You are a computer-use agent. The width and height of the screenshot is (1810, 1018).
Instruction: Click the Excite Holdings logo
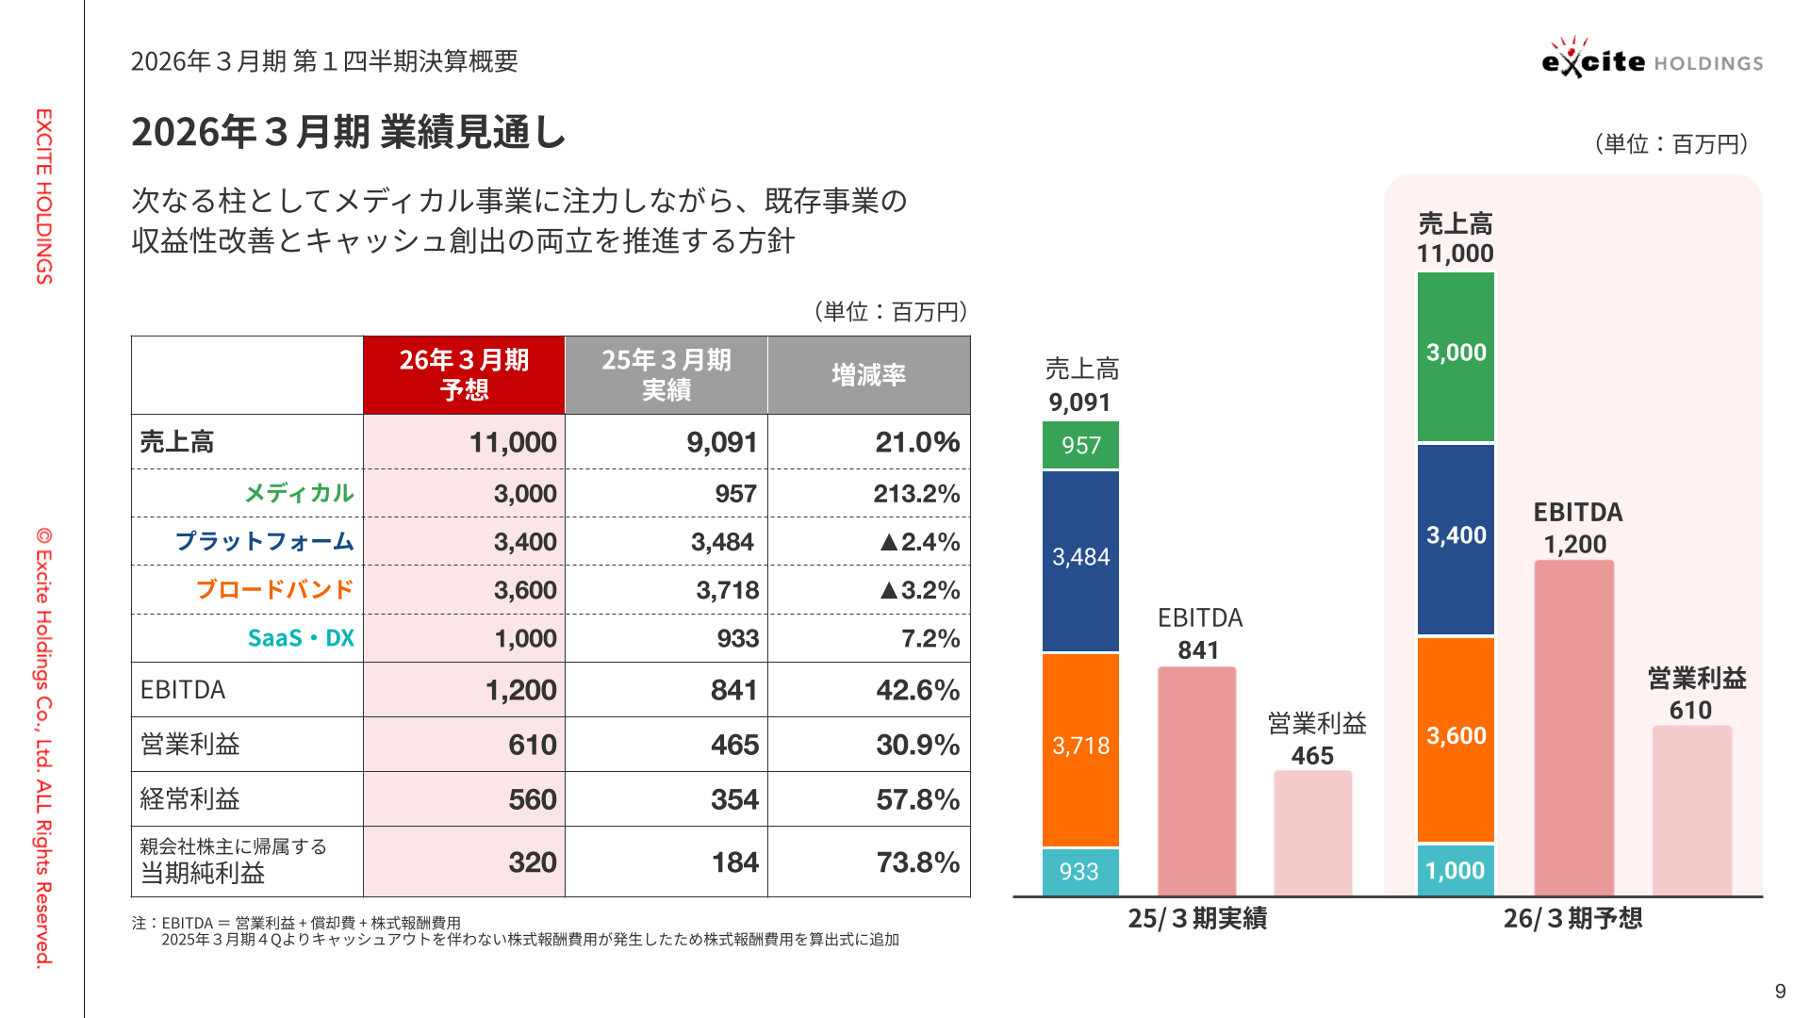coord(1652,59)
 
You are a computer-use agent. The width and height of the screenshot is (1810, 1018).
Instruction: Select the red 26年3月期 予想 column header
coord(464,374)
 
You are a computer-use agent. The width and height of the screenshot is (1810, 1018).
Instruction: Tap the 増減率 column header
coord(868,374)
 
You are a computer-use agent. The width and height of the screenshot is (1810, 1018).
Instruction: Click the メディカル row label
coord(299,493)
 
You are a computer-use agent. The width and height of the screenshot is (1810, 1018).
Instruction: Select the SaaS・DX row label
coord(301,638)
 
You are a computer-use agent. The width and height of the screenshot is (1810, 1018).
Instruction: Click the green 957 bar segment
coord(1080,445)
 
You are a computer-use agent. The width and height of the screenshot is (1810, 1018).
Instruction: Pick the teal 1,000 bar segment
coord(1456,870)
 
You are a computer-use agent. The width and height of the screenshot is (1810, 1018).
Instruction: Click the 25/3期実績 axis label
coord(1197,918)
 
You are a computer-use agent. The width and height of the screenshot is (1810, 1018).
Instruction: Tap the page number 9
coord(1780,991)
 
